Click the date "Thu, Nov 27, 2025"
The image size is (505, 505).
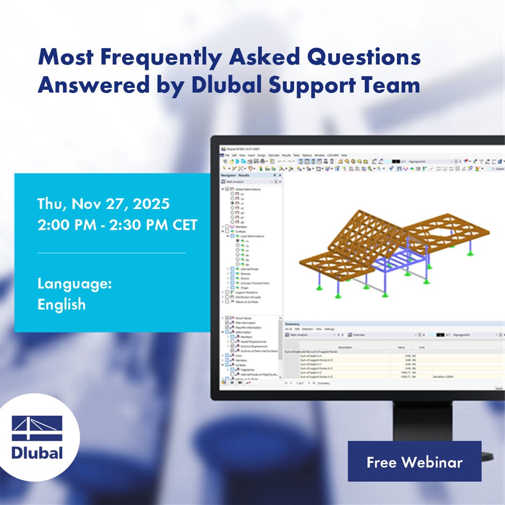point(104,203)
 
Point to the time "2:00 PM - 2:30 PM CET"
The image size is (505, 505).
point(117,225)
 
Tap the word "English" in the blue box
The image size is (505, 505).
point(62,304)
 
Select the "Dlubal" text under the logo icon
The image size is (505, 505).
point(37,452)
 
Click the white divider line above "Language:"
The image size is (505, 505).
point(111,253)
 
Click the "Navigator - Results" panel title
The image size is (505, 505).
point(235,176)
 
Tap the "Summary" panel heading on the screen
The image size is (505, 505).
point(292,324)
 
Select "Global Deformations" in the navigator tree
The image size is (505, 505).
point(248,189)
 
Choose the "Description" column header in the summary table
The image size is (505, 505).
point(345,347)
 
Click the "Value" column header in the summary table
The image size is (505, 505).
point(401,347)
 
